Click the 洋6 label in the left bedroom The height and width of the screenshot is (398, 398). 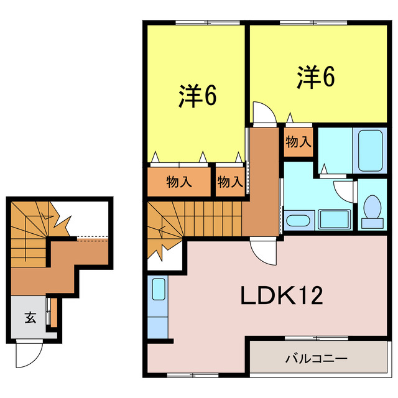[198, 96]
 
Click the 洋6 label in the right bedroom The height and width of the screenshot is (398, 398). [316, 76]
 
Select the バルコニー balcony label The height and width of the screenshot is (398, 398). [316, 359]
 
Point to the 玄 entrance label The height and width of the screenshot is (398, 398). [30, 318]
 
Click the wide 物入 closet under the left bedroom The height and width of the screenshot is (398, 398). [179, 182]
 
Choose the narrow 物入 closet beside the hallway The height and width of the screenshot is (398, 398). [229, 182]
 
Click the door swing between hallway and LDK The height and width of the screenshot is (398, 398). [262, 252]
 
